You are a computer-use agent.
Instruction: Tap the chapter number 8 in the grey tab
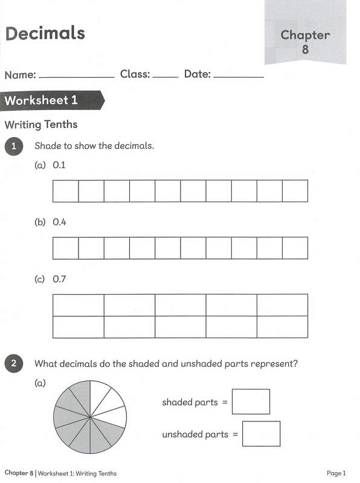[x=305, y=50]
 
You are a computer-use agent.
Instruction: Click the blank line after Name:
[x=76, y=77]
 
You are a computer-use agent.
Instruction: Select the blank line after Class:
[x=166, y=77]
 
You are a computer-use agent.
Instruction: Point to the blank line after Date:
[x=239, y=77]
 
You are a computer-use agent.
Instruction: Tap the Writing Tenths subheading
[x=41, y=125]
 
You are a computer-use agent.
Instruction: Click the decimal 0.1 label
[x=59, y=164]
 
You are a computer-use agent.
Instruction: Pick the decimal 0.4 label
[x=59, y=222]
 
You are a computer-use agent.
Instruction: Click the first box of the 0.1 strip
[x=66, y=191]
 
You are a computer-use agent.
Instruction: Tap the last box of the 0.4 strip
[x=295, y=248]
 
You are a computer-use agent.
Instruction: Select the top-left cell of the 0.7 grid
[x=79, y=305]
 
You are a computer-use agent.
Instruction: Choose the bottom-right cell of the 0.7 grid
[x=282, y=327]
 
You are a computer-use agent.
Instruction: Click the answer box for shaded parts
[x=251, y=401]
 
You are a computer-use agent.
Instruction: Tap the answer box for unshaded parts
[x=261, y=433]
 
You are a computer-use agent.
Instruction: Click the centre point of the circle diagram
[x=90, y=416]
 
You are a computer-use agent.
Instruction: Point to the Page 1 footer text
[x=336, y=473]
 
